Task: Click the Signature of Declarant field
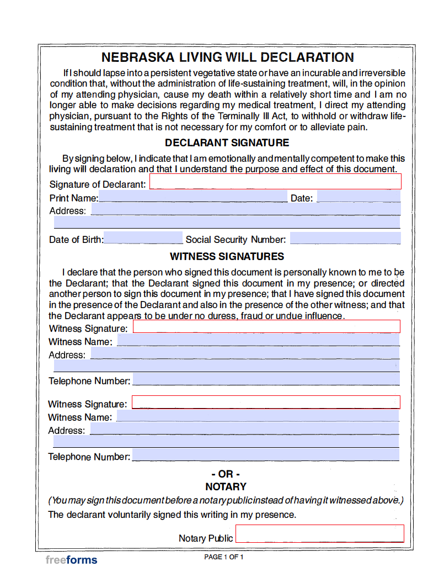275,182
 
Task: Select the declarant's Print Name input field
192,197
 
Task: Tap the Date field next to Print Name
359,197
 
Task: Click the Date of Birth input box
143,238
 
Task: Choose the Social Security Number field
345,239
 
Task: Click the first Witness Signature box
266,326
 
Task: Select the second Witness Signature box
266,402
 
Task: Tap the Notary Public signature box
320,533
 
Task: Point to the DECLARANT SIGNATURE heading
227,143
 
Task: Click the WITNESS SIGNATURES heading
227,257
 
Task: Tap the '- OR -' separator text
226,474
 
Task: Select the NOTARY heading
226,487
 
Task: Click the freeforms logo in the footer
71,560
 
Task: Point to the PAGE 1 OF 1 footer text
223,557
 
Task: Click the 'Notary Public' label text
206,538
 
